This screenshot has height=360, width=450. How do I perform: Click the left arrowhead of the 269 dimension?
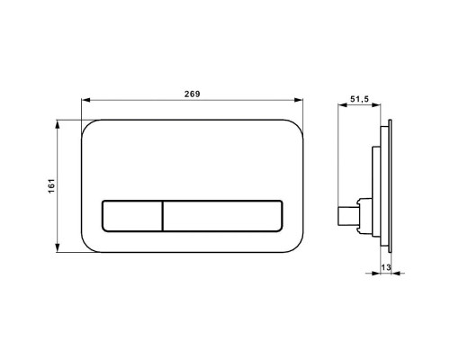(85, 102)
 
